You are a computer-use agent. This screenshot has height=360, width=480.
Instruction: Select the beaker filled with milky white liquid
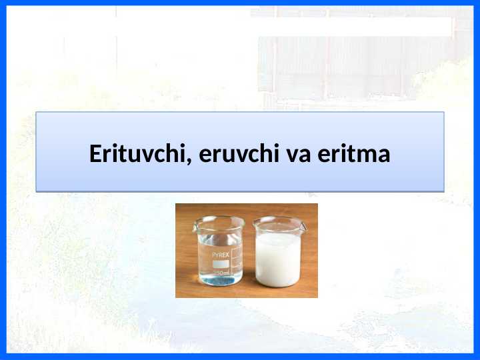(278, 257)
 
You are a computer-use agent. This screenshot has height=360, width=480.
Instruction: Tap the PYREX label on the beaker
(221, 255)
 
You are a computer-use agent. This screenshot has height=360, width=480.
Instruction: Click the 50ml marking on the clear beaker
(222, 273)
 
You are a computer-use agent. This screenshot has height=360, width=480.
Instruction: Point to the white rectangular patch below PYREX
(221, 263)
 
